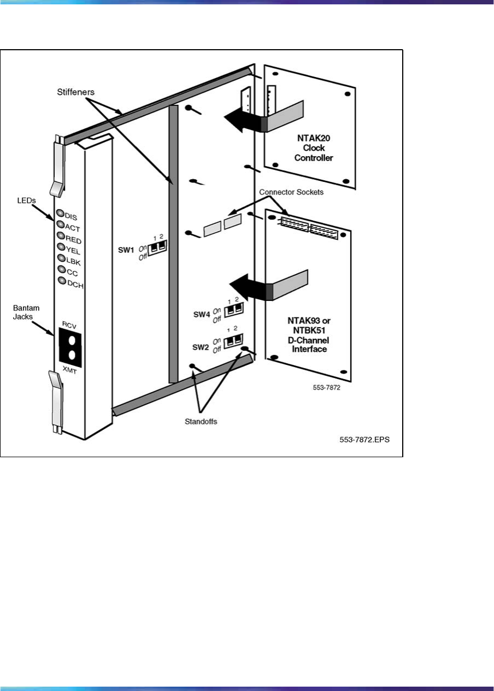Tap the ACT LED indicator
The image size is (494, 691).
60,224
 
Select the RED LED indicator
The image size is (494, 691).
60,235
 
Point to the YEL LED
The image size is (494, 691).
60,247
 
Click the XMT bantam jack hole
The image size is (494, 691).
72,355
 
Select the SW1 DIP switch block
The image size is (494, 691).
157,249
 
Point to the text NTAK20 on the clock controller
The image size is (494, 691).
308,138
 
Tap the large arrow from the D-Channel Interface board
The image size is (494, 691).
249,288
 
